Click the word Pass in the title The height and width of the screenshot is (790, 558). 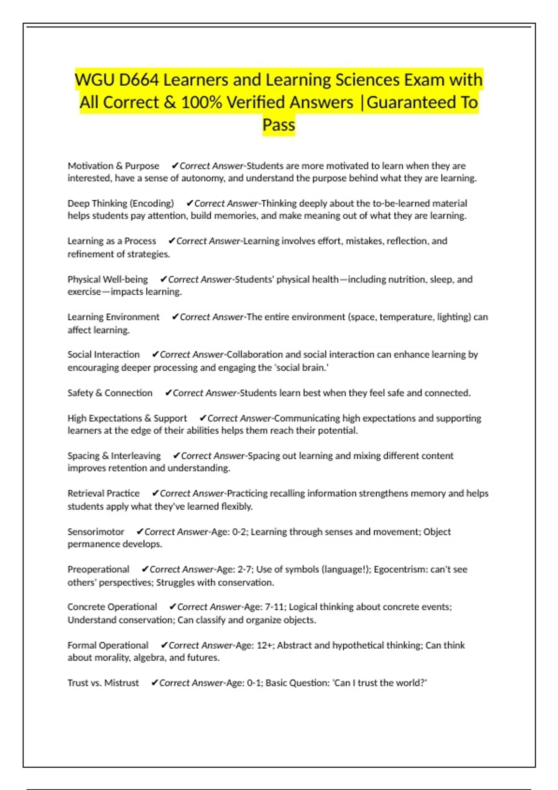279,125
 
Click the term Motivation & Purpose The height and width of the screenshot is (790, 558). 113,166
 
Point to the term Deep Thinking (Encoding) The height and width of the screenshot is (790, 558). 120,204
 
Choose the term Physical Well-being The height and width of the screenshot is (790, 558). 107,279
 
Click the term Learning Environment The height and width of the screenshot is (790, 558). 113,317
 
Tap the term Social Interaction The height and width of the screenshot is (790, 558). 103,355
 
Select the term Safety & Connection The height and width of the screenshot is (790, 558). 110,393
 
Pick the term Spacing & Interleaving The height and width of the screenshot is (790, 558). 114,456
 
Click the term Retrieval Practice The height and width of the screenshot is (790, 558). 103,494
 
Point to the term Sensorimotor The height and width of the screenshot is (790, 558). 96,532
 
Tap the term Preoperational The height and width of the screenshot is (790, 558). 98,569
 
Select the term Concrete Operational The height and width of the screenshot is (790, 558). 112,607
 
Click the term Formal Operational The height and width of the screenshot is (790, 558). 108,645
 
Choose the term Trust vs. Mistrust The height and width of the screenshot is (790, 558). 103,683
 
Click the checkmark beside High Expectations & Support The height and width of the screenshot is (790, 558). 203,418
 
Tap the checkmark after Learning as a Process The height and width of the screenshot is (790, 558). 172,241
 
